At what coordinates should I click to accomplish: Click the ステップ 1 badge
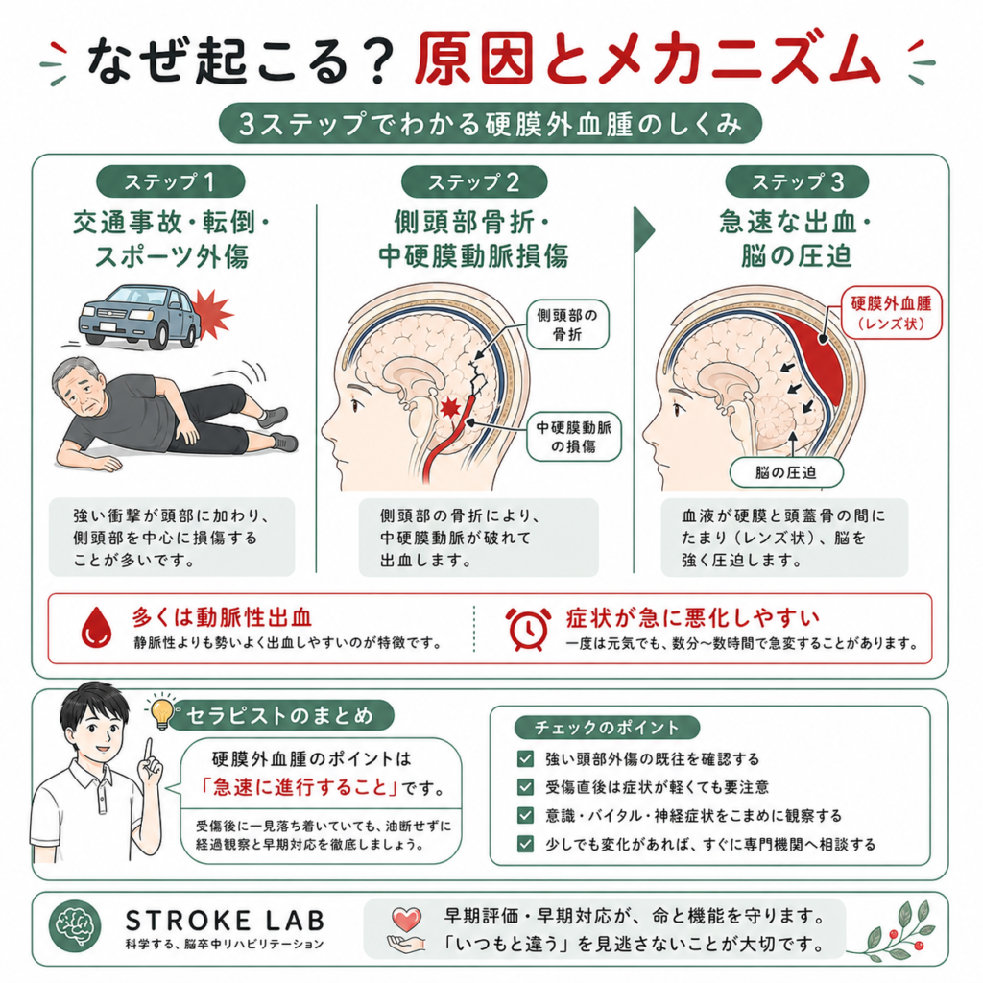(170, 181)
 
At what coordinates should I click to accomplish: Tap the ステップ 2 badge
(474, 181)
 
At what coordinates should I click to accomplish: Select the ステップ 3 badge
(797, 181)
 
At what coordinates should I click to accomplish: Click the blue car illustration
(138, 316)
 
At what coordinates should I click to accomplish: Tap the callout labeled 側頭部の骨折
(567, 324)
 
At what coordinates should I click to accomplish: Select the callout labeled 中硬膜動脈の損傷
(573, 437)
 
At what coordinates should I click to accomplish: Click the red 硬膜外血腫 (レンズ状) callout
(891, 313)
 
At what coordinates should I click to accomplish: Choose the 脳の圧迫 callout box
(785, 472)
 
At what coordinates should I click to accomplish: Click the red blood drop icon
(97, 627)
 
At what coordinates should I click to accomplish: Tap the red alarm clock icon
(528, 629)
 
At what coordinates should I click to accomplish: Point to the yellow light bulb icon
(161, 712)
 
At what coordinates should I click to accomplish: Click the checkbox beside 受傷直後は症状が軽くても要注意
(525, 787)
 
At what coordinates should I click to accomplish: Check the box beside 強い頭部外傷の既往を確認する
(525, 758)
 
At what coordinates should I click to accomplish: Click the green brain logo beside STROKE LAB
(75, 926)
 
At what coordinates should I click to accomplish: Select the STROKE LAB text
(225, 921)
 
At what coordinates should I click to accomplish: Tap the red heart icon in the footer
(406, 920)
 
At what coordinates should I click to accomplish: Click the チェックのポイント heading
(607, 728)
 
